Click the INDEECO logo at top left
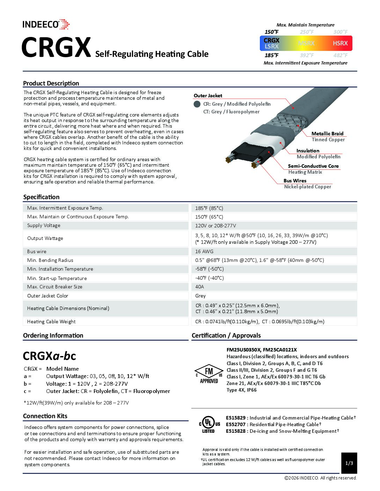[x=46, y=24]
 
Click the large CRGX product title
[x=56, y=47]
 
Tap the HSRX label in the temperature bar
[x=340, y=43]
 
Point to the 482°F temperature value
[x=340, y=55]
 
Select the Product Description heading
[x=51, y=83]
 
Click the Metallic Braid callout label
[x=327, y=134]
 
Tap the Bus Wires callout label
[x=295, y=181]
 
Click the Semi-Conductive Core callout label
[x=313, y=166]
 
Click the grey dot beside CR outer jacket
[x=197, y=104]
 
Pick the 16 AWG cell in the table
[x=204, y=251]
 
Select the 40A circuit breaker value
[x=199, y=287]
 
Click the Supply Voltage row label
[x=44, y=225]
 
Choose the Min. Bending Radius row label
[x=50, y=260]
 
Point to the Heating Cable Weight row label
[x=51, y=322]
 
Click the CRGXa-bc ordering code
[x=49, y=356]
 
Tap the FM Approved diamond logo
[x=209, y=375]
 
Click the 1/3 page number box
[x=349, y=463]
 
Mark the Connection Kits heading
[x=45, y=416]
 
